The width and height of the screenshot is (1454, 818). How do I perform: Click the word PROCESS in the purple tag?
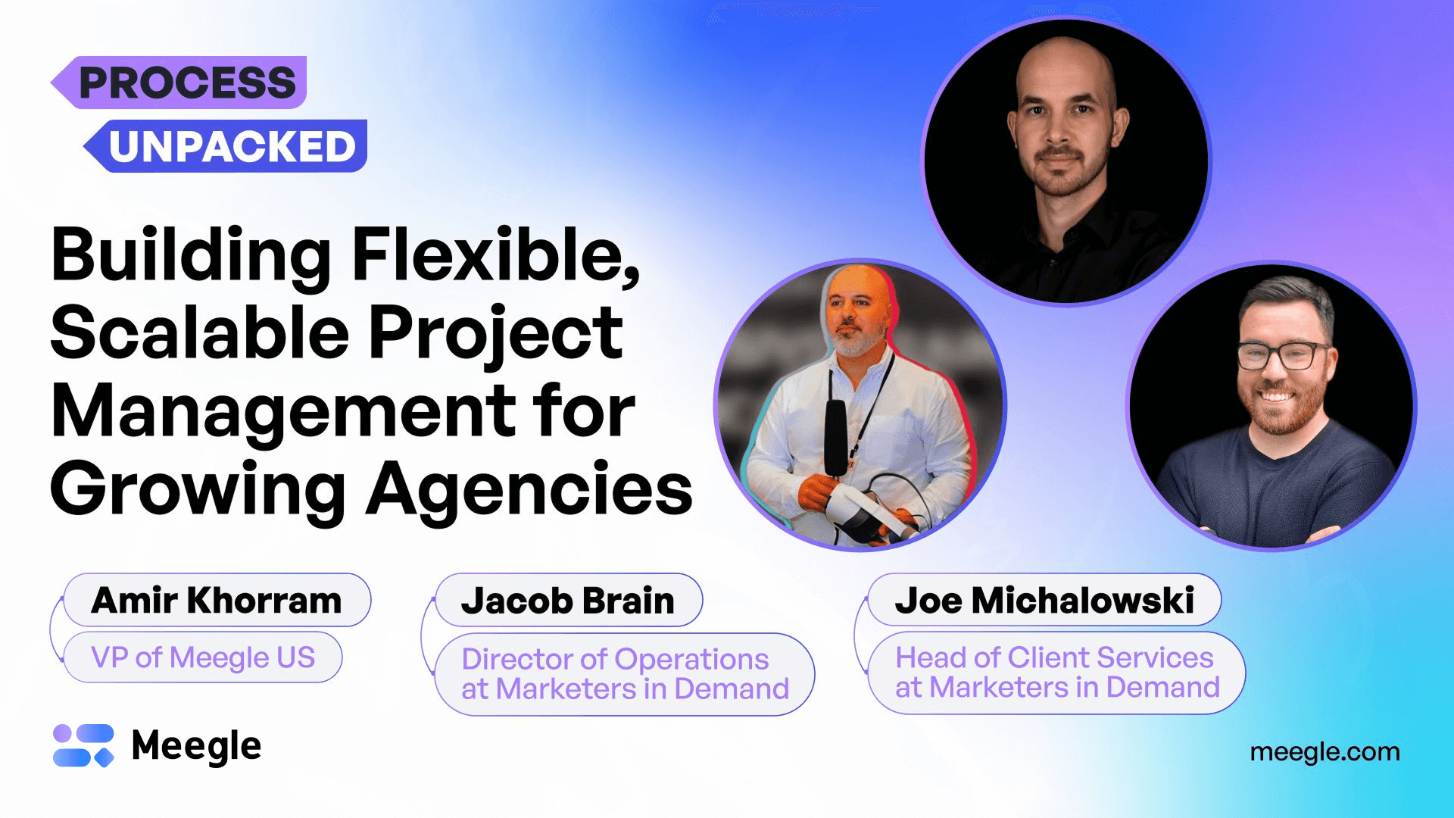click(x=187, y=83)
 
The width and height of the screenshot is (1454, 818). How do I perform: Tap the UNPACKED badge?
click(x=232, y=146)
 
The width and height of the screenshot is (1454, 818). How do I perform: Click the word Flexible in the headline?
click(x=496, y=255)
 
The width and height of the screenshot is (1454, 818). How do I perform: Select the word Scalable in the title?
click(x=199, y=333)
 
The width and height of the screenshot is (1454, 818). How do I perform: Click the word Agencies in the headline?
click(x=529, y=490)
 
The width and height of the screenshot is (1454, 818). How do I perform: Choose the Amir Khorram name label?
click(x=217, y=601)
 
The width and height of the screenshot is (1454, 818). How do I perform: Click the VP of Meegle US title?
click(x=203, y=657)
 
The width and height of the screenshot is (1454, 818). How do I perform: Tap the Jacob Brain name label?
click(x=568, y=601)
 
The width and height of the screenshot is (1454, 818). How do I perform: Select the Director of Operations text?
click(x=615, y=659)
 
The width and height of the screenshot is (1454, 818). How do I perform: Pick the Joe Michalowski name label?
click(x=1044, y=601)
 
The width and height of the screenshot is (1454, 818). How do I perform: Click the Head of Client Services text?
click(x=1054, y=657)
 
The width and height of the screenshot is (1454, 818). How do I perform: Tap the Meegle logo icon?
click(x=83, y=745)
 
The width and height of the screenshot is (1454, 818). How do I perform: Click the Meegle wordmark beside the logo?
click(x=196, y=746)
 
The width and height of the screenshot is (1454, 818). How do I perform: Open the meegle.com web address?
click(x=1325, y=752)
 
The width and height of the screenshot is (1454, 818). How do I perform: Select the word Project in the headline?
click(x=496, y=334)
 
